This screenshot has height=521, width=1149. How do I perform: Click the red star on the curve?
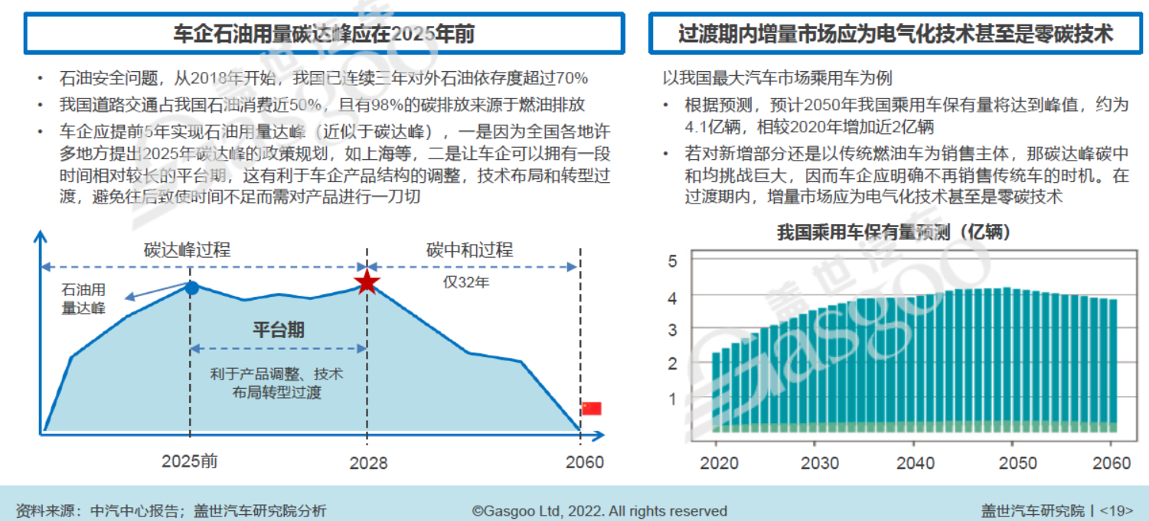[367, 282]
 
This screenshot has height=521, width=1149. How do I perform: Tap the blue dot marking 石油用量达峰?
[192, 288]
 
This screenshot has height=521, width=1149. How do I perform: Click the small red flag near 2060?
[591, 409]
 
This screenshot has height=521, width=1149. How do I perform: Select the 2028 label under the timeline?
[368, 463]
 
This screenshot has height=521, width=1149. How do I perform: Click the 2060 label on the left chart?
[584, 462]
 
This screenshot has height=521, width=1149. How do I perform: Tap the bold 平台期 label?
[279, 330]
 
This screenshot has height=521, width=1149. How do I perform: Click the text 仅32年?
[466, 282]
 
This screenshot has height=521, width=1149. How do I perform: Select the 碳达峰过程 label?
[188, 250]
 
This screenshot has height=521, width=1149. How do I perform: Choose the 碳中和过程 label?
[470, 250]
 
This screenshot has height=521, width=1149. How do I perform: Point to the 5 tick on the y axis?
[673, 261]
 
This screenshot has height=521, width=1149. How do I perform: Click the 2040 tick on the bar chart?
[915, 463]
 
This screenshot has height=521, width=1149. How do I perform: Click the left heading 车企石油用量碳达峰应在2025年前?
[324, 34]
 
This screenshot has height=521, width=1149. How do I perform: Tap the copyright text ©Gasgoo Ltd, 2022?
[599, 510]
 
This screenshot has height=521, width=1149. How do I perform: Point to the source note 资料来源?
[171, 510]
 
